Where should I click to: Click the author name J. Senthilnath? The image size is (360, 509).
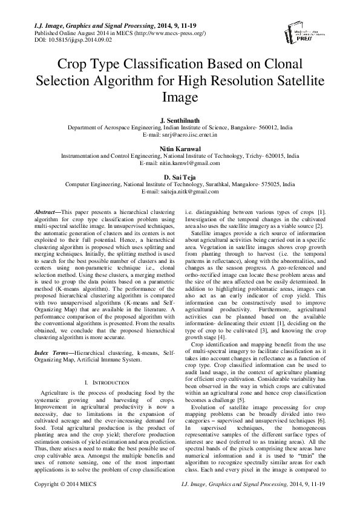[x=180, y=122]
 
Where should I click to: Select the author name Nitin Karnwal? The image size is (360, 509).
[x=180, y=149]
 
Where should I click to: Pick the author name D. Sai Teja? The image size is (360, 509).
[x=180, y=176]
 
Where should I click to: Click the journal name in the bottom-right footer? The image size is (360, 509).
[x=250, y=501]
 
